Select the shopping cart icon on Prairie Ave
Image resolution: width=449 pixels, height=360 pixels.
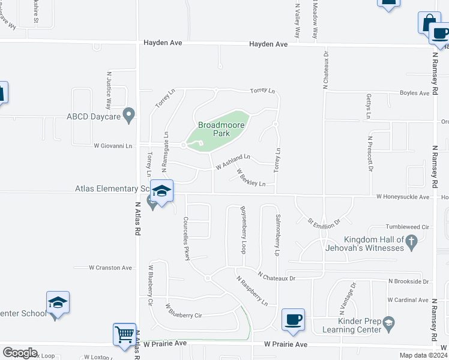[x=124, y=334]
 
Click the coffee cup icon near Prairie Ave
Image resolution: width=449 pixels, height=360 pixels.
[x=292, y=319]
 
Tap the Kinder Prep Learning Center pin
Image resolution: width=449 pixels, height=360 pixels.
[x=388, y=325]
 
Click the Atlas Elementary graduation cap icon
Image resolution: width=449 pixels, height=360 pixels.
[x=161, y=191]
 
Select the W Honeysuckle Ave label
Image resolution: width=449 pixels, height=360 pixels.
[x=403, y=197]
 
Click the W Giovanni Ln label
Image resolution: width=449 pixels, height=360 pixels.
[x=112, y=145]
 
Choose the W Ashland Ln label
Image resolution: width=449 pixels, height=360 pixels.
[x=232, y=160]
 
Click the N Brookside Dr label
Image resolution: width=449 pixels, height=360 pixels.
[x=408, y=281]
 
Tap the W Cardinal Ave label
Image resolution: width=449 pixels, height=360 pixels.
[x=408, y=299]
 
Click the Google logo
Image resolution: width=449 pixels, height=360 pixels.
[x=20, y=353]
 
